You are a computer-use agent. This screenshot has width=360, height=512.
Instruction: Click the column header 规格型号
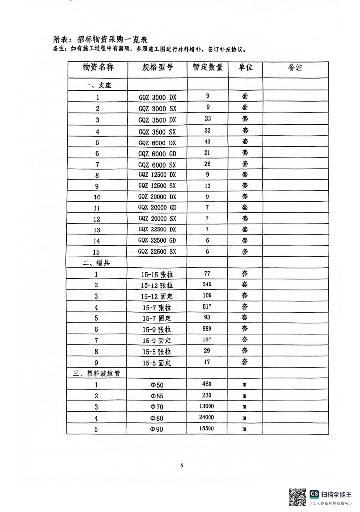click(x=157, y=68)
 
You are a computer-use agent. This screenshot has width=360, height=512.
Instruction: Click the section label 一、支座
click(x=98, y=85)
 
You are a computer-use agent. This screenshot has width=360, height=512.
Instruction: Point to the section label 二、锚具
click(x=98, y=263)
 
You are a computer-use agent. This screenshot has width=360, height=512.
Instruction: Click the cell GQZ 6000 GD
click(x=157, y=154)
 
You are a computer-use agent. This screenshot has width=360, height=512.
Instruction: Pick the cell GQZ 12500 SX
click(x=157, y=186)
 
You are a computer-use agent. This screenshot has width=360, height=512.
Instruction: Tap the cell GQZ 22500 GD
click(x=157, y=241)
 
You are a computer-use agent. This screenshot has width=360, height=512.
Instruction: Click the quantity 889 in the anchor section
click(x=207, y=329)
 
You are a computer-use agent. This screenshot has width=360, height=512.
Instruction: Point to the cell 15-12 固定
click(x=157, y=296)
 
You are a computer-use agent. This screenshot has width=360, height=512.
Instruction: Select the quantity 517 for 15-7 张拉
click(x=207, y=307)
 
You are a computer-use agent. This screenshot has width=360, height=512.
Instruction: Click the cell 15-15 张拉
click(x=157, y=275)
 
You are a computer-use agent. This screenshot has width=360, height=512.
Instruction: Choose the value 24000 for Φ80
click(x=207, y=418)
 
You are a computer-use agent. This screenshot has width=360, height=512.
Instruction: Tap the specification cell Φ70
click(x=157, y=407)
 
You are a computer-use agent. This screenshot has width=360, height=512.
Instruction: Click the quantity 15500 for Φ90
click(x=207, y=429)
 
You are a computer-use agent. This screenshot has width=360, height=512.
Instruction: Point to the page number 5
click(x=181, y=465)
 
